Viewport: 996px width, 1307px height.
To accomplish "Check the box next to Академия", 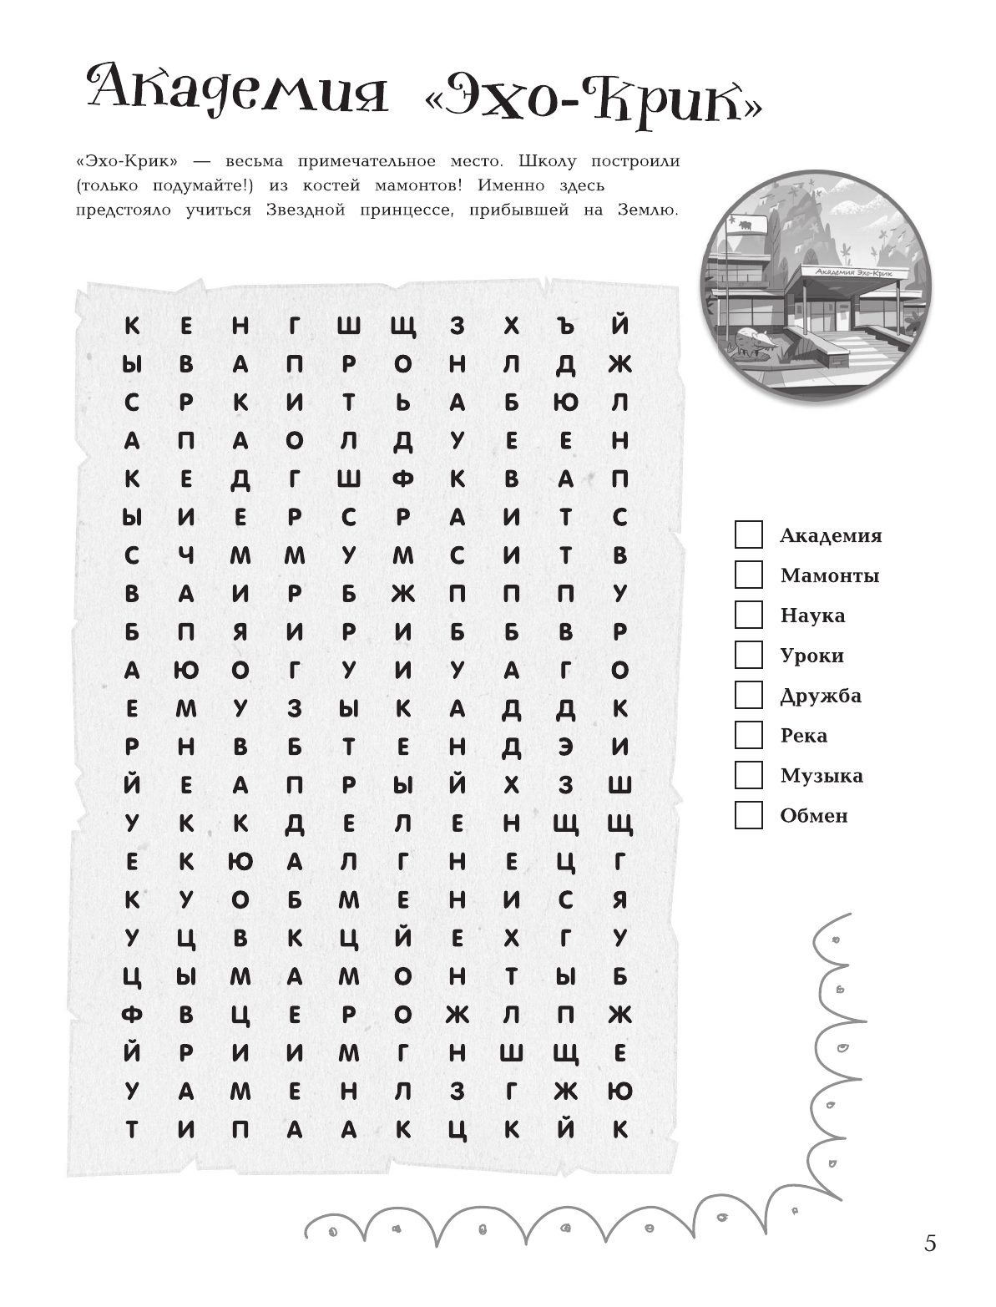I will (748, 534).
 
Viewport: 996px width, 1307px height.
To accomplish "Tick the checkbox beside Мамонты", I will (748, 575).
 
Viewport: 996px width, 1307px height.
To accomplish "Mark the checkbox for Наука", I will (748, 615).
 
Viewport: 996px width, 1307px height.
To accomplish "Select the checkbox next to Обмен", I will (748, 815).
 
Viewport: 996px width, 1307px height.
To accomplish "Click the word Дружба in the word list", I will (820, 696).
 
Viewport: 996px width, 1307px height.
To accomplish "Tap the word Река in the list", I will (803, 736).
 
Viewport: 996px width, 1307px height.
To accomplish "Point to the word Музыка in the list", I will (821, 776).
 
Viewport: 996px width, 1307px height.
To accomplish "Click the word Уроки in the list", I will (811, 656).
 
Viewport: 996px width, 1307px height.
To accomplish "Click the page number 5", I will (930, 1243).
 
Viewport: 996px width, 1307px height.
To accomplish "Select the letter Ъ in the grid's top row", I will (566, 325).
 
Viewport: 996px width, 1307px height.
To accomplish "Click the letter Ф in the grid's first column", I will (132, 1016).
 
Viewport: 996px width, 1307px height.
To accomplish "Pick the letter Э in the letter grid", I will (566, 747).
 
